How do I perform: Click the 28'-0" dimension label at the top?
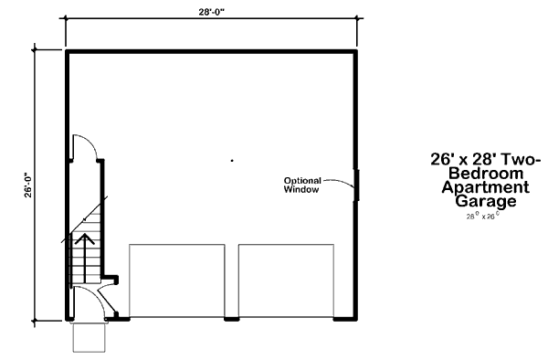(x=211, y=12)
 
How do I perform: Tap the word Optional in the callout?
(x=301, y=179)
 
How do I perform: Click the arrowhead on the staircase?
(x=86, y=239)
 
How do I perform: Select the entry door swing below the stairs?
(x=102, y=302)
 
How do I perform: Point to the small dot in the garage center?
(x=233, y=161)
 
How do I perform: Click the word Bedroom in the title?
(x=487, y=172)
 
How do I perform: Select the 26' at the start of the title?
(x=442, y=158)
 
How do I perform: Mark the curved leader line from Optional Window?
(x=340, y=184)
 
